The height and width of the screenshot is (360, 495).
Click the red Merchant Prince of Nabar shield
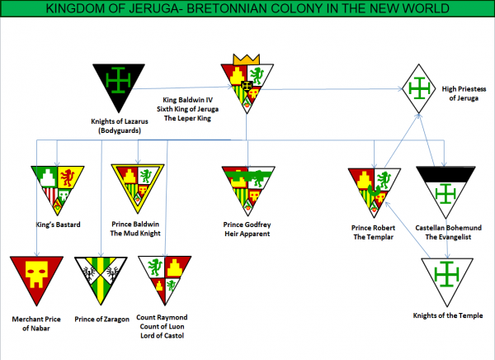pyautogui.click(x=35, y=277)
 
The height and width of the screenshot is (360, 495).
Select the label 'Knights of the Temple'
pyautogui.click(x=446, y=315)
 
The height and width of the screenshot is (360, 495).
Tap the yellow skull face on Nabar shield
pyautogui.click(x=35, y=272)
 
